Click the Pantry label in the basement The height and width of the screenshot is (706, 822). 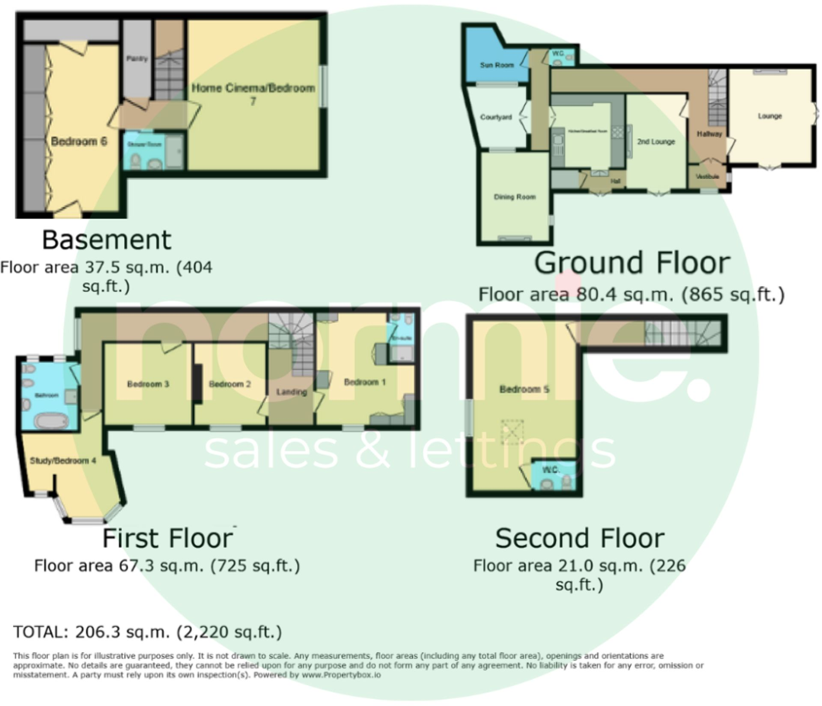pos(137,59)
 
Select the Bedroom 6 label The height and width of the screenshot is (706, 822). pos(79,141)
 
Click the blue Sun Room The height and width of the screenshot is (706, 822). pos(497,65)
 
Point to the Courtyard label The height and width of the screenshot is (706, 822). pos(496,117)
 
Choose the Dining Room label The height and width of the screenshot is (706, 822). pos(515,197)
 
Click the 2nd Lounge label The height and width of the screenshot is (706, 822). pos(656,142)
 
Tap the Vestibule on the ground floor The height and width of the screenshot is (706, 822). pos(707,176)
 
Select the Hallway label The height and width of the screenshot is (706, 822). pos(709,134)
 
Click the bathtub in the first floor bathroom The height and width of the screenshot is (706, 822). pos(51,421)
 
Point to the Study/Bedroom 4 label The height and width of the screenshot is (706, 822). pos(63,461)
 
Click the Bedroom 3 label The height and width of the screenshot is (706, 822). pos(148,384)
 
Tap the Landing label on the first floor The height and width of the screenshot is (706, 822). pos(291,392)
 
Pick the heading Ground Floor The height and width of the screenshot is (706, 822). pos(632,263)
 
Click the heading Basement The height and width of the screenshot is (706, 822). pos(107,240)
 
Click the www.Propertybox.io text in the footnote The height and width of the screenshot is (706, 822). pos(341,675)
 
